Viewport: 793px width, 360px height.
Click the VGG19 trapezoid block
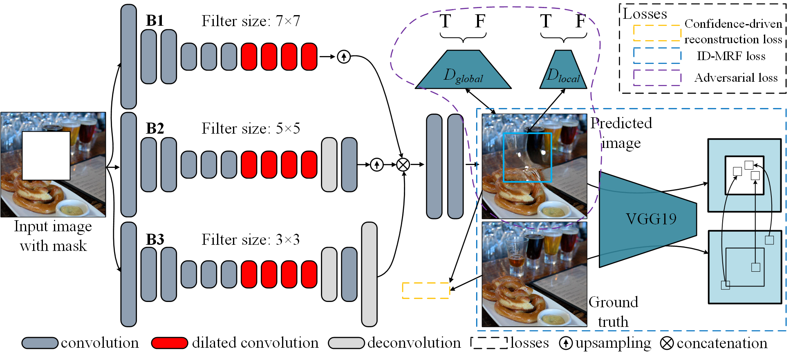647,219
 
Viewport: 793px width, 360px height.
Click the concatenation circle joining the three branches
403,165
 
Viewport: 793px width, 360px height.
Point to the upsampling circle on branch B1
344,57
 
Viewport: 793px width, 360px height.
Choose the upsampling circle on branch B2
376,165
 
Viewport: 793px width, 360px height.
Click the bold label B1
155,21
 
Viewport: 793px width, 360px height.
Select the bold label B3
155,239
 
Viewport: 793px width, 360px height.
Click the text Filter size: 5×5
251,129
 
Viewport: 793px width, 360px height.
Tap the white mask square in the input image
46,155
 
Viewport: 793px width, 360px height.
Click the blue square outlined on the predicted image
527,157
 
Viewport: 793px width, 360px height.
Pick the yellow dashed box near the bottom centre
426,291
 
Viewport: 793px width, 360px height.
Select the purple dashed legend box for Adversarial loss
657,78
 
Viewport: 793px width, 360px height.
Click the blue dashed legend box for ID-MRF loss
657,56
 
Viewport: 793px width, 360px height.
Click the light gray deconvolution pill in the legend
346,343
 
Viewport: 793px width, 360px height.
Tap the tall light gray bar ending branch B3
369,274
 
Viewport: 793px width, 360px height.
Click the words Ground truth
613,312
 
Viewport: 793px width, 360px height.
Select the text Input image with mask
53,236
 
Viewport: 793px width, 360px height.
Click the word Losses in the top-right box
645,14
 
